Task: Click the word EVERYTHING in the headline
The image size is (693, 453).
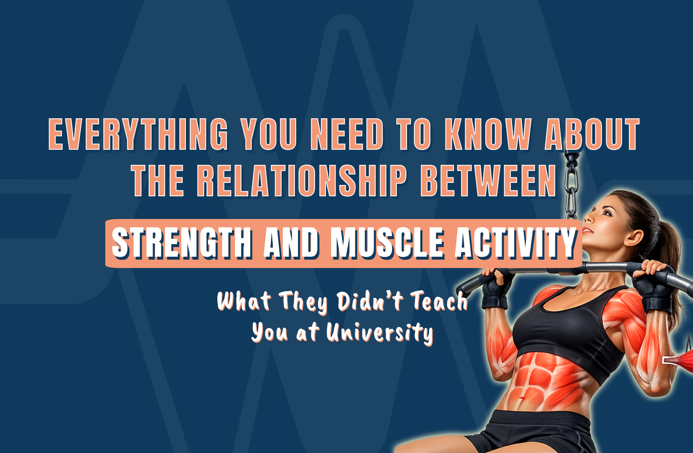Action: click(x=138, y=134)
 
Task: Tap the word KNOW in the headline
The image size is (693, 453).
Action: click(x=488, y=134)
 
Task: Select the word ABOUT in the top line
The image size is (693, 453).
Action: click(x=592, y=134)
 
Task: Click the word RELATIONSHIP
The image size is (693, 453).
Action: click(x=302, y=181)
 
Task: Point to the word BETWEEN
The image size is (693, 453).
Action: click(x=488, y=181)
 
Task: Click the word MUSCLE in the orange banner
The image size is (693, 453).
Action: click(x=387, y=243)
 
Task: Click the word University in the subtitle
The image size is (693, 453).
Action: click(x=380, y=333)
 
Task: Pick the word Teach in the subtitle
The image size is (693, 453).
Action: click(x=439, y=301)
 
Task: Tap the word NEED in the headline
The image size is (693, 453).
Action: click(x=347, y=134)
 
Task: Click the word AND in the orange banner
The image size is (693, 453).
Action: click(x=291, y=243)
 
